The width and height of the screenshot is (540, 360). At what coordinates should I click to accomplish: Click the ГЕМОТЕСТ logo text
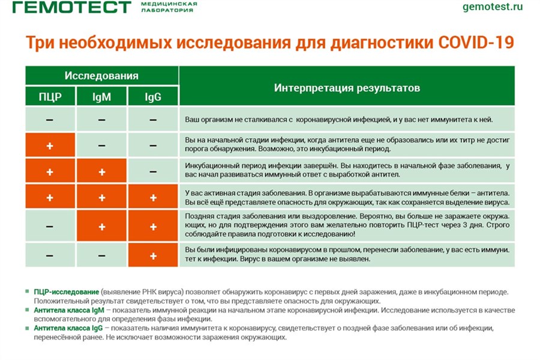point(72,7)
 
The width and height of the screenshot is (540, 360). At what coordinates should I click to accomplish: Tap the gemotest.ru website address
point(493,7)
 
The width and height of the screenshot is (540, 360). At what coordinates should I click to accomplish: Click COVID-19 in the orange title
point(476,43)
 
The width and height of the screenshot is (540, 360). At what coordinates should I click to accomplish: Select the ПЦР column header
point(50,97)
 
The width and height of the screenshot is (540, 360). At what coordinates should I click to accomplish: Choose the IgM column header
point(101,97)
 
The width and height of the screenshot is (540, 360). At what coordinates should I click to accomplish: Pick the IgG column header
point(153,97)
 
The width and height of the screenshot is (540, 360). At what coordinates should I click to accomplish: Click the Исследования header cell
point(101,76)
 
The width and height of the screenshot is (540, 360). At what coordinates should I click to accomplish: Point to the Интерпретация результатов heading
point(347,88)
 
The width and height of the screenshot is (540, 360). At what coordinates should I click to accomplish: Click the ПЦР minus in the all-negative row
point(50,120)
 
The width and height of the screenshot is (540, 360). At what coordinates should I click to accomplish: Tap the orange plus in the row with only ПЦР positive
point(50,146)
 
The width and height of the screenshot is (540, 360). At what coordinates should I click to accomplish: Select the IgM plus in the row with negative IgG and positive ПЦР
point(101,172)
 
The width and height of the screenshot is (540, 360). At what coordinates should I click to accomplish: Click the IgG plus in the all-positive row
point(153,197)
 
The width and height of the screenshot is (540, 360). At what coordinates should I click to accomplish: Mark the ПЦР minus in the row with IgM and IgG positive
point(50,226)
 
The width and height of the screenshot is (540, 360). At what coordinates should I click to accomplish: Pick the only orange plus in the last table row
point(153,256)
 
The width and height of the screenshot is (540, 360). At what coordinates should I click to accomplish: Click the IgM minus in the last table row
point(101,256)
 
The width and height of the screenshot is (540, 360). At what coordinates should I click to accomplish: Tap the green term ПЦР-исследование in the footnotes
point(66,292)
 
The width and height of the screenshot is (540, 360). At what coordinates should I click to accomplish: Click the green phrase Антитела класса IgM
point(69,310)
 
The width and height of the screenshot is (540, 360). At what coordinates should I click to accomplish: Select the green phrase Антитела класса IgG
point(68,328)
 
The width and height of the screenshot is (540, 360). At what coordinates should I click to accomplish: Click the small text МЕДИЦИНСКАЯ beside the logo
point(169,4)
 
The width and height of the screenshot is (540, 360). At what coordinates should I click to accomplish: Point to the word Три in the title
point(39,43)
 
